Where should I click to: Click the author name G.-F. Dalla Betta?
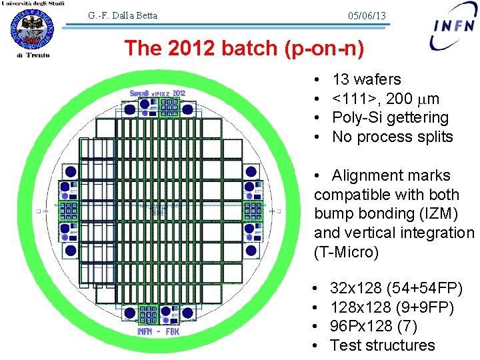click(x=123, y=15)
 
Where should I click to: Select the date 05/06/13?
click(x=367, y=15)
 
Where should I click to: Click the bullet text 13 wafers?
click(x=366, y=80)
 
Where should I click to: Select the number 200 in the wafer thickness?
click(x=399, y=99)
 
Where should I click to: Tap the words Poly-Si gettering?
click(x=390, y=118)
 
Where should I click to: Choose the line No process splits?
click(x=392, y=137)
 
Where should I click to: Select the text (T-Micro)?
click(x=345, y=253)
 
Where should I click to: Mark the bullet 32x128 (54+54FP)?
click(x=396, y=288)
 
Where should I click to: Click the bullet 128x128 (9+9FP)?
click(x=392, y=307)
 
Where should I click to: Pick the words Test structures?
click(x=382, y=345)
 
